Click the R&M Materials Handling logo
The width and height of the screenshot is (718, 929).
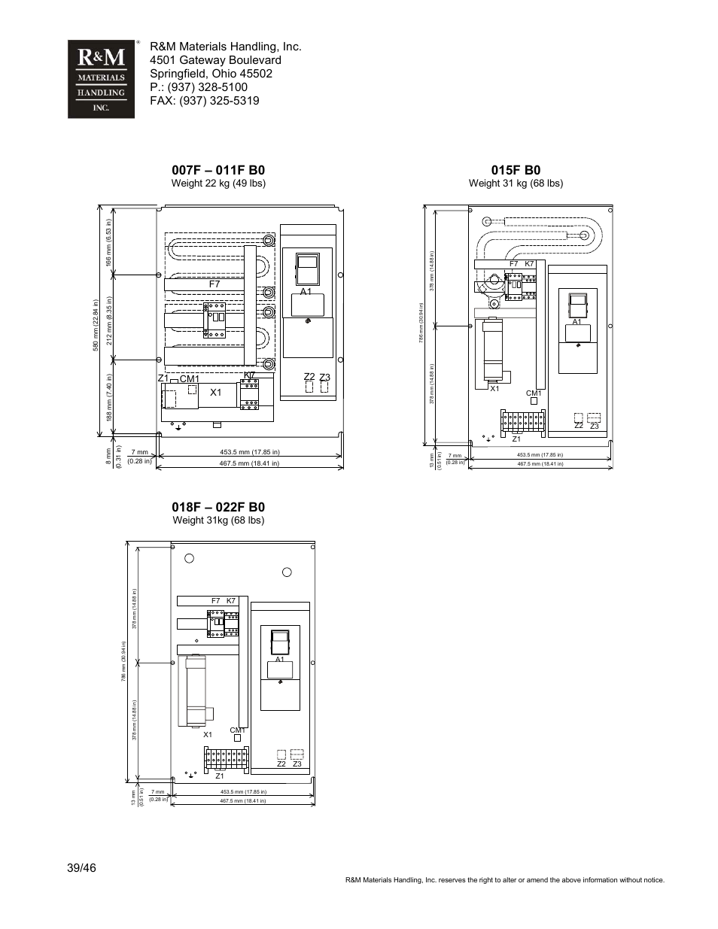(101, 79)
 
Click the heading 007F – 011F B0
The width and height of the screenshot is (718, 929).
(218, 170)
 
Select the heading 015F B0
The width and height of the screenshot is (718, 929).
(516, 170)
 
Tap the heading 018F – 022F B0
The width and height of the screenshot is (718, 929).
(218, 507)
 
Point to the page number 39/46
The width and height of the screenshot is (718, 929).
(81, 868)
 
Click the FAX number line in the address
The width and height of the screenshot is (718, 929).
(204, 101)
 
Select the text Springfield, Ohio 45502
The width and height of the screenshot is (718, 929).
(211, 74)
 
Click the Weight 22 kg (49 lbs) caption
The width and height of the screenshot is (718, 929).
(218, 184)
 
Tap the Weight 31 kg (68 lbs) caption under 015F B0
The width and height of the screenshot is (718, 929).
(516, 184)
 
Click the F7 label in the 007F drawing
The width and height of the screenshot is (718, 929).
(214, 284)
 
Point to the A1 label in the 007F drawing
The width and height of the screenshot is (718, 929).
(306, 291)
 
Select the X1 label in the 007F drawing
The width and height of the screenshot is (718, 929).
(216, 392)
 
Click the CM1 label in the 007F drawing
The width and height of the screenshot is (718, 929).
(189, 378)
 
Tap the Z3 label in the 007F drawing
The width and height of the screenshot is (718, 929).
(324, 378)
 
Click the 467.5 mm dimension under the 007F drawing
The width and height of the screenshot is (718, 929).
(249, 463)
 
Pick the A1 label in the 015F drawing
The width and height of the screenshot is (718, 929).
(577, 322)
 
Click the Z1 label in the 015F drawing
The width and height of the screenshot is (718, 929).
(516, 439)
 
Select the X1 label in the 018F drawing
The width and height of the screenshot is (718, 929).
(208, 734)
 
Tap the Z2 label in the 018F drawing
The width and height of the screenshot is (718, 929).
(281, 764)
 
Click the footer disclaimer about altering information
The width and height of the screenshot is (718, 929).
(504, 879)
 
